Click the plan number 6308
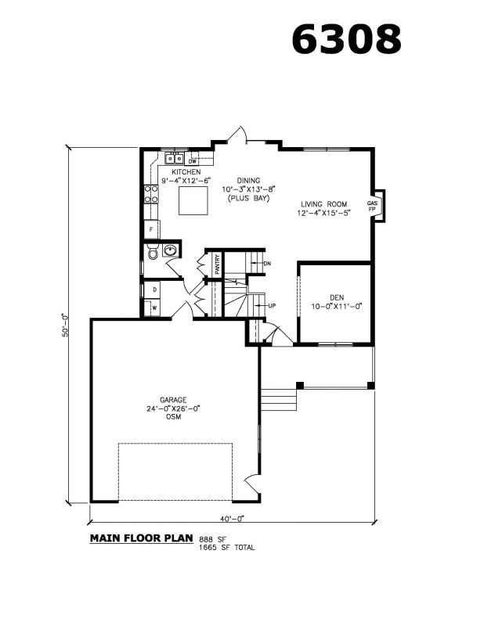click(346, 39)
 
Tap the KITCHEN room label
click(186, 171)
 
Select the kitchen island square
click(193, 200)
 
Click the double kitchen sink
click(175, 159)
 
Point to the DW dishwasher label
click(192, 162)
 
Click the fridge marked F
click(151, 229)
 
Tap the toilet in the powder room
click(153, 252)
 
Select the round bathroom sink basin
click(170, 250)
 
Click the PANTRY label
click(218, 264)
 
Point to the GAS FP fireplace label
click(372, 206)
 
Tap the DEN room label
click(337, 297)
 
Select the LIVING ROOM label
click(323, 204)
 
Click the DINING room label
click(248, 181)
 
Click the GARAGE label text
click(173, 400)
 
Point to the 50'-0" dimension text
click(65, 326)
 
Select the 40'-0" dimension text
click(232, 519)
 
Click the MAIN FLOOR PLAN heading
click(142, 538)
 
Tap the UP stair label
click(272, 306)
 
